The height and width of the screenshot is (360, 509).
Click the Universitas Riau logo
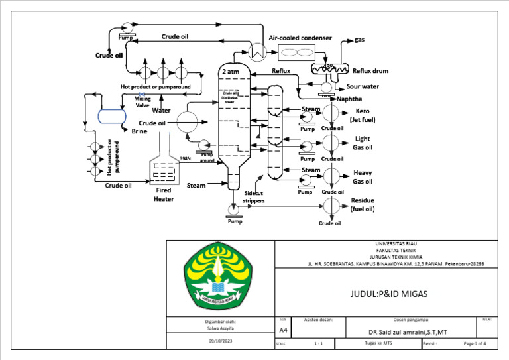pos(220,278)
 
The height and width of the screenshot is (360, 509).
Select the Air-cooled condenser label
pos(300,38)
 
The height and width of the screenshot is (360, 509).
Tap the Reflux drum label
pos(370,71)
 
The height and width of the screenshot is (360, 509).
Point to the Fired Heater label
pos(164,194)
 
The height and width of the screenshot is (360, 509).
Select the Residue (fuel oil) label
pos(362,204)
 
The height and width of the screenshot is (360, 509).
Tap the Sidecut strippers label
pos(254,194)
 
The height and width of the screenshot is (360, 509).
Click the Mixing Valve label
pos(142,101)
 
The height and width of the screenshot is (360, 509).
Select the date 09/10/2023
pos(220,340)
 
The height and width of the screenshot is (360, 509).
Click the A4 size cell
pos(283,330)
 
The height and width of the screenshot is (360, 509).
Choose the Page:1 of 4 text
pos(475,343)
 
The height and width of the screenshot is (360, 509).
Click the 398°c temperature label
pos(186,158)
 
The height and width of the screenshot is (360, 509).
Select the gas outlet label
pos(360,40)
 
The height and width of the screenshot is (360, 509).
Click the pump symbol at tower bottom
pos(232,209)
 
